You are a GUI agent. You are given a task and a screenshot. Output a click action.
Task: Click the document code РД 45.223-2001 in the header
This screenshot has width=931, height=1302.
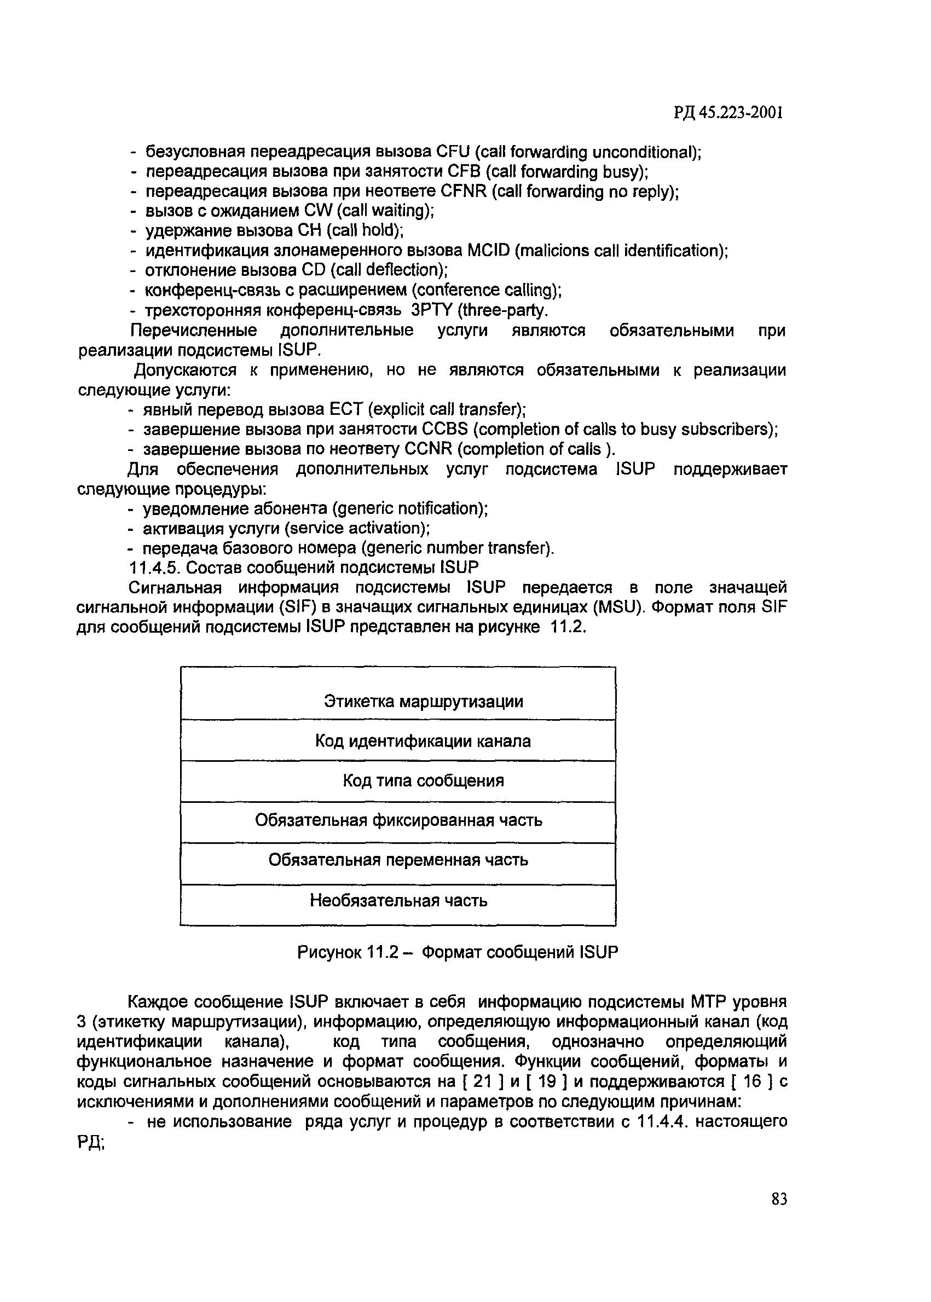point(728,113)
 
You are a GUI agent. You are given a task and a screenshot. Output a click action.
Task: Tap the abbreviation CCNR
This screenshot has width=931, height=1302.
point(438,449)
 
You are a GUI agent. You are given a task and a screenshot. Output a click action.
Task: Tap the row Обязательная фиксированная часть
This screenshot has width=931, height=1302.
point(398,820)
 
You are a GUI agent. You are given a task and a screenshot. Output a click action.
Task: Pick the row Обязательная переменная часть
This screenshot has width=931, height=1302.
point(398,860)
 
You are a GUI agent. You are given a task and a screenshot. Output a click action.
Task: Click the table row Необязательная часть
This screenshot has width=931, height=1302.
point(398,901)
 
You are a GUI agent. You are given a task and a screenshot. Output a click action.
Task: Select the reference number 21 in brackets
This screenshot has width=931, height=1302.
point(484,1082)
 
